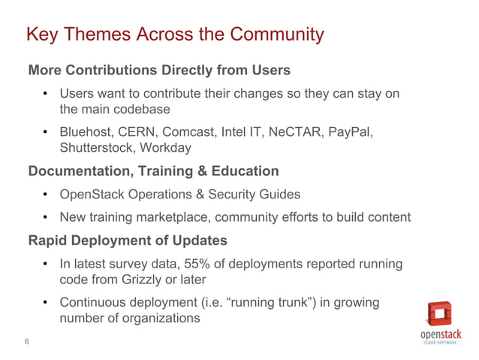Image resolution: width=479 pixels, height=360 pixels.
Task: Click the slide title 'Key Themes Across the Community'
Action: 175,35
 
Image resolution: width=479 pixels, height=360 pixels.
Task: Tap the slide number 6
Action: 27,343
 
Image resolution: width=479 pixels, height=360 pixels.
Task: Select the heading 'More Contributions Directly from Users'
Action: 159,71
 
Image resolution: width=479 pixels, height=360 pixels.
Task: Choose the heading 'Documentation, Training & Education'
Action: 153,171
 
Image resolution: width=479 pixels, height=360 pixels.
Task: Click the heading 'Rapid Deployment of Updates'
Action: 125,241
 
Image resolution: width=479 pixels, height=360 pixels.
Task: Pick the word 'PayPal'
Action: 348,132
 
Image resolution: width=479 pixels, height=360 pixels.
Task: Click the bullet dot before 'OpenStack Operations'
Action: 45,195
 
